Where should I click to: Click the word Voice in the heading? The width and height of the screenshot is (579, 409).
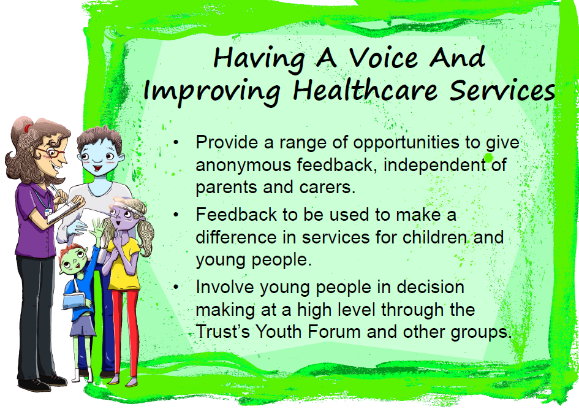coord(384,58)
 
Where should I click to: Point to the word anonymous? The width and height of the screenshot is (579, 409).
coord(243,165)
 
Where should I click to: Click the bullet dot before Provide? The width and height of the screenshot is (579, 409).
coord(176,142)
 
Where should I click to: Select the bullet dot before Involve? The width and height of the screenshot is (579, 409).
coord(176,287)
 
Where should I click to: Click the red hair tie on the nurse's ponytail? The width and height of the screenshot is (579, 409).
coord(28,128)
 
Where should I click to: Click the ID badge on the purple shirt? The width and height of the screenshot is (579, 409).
coord(48,212)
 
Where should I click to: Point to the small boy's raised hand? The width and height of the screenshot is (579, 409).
coord(97,226)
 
